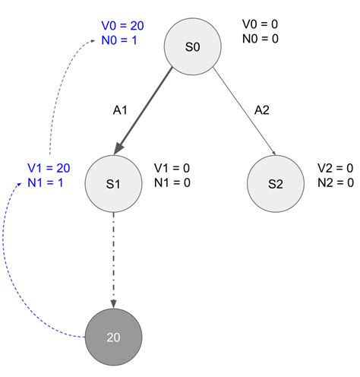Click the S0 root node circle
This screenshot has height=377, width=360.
click(193, 47)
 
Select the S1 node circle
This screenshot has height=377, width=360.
click(114, 184)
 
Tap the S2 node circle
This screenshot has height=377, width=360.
click(276, 184)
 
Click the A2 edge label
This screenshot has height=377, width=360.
click(261, 110)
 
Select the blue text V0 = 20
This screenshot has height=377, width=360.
click(122, 27)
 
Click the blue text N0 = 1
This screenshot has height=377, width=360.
click(119, 40)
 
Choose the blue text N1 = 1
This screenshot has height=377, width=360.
click(45, 182)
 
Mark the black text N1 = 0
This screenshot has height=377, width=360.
click(172, 182)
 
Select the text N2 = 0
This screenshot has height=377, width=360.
click(335, 182)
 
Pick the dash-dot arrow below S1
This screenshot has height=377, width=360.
click(114, 258)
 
